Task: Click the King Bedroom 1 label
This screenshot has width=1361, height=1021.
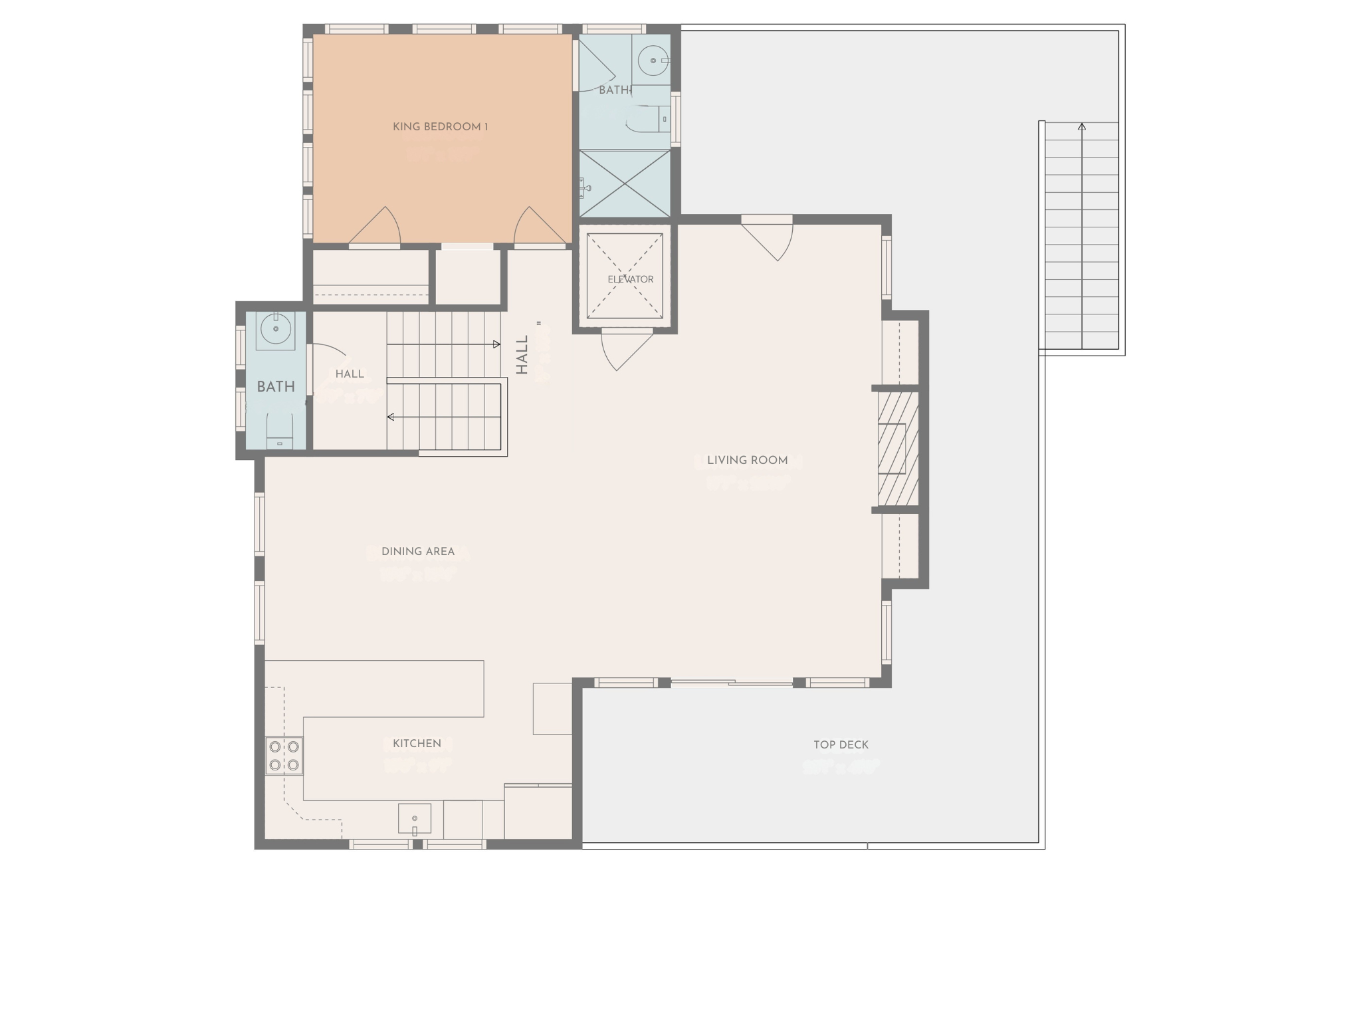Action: [x=440, y=127]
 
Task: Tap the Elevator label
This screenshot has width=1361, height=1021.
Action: [x=630, y=279]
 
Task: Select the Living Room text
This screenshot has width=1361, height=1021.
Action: [x=747, y=460]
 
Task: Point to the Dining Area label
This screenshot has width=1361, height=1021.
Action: [x=418, y=551]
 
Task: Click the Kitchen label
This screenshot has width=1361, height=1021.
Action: [x=417, y=743]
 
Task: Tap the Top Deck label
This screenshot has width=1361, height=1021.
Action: [x=841, y=744]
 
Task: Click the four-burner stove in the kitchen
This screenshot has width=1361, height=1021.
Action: [x=284, y=756]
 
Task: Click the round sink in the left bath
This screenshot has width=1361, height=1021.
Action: [x=275, y=328]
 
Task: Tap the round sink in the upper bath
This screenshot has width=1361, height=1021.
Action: [x=653, y=60]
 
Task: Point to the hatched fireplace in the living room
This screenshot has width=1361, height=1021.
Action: [x=898, y=449]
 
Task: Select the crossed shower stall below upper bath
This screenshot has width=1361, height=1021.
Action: [x=625, y=183]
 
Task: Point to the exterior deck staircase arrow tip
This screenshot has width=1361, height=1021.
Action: [x=1082, y=126]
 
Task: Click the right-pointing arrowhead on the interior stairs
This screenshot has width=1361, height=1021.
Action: [x=496, y=344]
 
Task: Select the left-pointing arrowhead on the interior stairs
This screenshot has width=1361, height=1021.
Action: [x=391, y=417]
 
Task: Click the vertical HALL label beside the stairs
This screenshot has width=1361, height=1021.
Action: [x=522, y=354]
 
